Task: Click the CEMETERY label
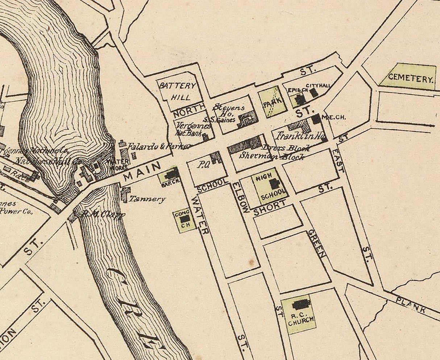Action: point(411,78)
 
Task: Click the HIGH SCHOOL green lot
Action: point(270,185)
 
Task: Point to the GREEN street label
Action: point(316,243)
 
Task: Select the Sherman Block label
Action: point(272,156)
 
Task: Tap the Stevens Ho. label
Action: point(229,110)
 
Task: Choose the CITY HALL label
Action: point(318,85)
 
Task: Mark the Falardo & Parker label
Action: point(158,146)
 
